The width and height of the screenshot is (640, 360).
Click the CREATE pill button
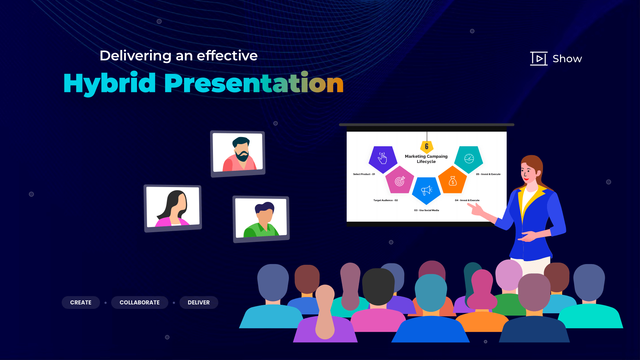tap(81, 303)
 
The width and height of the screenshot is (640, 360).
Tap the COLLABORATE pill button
tap(140, 303)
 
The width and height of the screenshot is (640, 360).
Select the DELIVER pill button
tap(199, 303)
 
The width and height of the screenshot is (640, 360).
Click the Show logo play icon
tap(539, 59)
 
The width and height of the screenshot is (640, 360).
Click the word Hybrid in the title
tap(110, 84)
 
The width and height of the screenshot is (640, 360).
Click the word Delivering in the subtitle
tap(136, 56)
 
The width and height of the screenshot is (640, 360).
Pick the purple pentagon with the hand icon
tap(383, 159)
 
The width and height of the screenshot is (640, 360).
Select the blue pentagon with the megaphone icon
tap(426, 190)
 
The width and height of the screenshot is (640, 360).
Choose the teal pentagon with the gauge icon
tap(469, 159)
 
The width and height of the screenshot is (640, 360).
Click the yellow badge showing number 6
tap(427, 147)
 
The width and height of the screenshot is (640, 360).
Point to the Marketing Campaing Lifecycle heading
tap(426, 159)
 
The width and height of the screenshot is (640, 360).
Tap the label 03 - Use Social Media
tap(427, 210)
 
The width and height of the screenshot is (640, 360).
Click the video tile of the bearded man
tap(238, 154)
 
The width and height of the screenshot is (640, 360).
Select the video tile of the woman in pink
tap(173, 208)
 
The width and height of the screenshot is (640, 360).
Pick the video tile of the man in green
tap(261, 219)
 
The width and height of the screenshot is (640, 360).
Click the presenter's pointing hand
tap(476, 209)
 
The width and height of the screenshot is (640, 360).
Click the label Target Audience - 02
tap(386, 200)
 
